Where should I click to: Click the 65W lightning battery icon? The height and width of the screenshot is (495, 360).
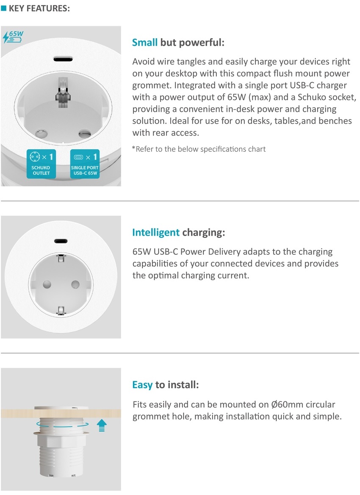coord(13,36)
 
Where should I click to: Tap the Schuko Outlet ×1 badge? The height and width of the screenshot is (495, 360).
coord(41,164)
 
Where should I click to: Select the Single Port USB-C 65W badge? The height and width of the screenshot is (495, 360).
coord(85,164)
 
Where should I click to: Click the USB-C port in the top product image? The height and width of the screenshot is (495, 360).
coord(63,59)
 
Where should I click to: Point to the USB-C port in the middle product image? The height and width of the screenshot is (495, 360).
coord(61,241)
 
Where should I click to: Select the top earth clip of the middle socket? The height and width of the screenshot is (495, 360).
coord(61,259)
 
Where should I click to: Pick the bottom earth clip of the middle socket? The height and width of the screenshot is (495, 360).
coord(61,311)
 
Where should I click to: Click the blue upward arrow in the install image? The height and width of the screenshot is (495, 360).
coord(102,425)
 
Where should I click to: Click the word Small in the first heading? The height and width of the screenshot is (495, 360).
coord(144,42)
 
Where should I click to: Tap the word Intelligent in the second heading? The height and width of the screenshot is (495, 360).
coord(156,233)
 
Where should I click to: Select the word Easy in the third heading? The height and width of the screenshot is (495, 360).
coord(142,385)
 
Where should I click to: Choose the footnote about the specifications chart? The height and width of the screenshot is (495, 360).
coord(199,149)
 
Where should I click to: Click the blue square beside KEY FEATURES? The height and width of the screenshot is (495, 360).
coord(3,8)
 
